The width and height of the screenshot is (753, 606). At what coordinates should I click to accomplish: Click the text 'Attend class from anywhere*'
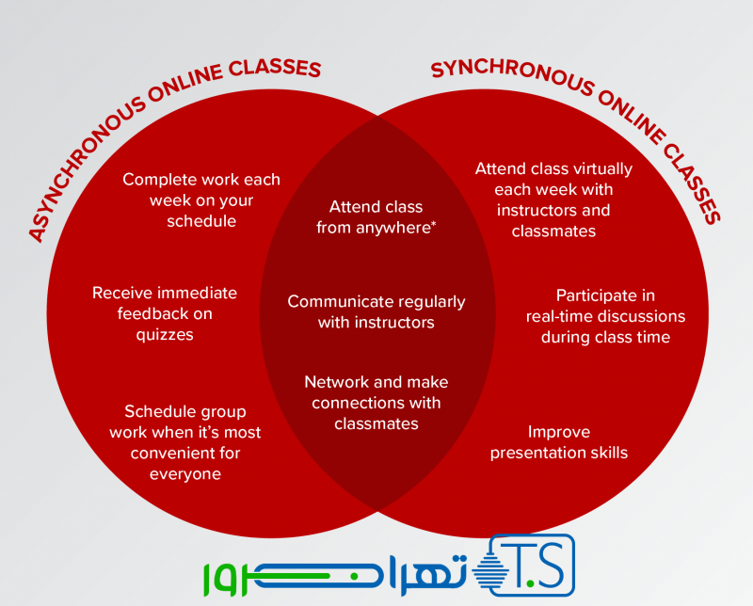pyautogui.click(x=376, y=216)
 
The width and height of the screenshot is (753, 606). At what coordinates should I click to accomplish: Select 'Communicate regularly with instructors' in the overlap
pyautogui.click(x=376, y=311)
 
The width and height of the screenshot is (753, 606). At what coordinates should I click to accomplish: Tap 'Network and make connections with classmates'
pyautogui.click(x=376, y=403)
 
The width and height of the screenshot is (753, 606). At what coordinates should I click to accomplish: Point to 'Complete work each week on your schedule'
pyautogui.click(x=201, y=199)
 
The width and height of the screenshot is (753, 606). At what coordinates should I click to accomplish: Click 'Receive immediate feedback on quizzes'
pyautogui.click(x=165, y=312)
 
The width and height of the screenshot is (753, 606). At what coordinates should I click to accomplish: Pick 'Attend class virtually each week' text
pyautogui.click(x=553, y=199)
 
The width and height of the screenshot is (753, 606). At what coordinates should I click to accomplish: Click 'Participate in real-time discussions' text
pyautogui.click(x=605, y=315)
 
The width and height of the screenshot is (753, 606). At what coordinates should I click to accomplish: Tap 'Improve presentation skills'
pyautogui.click(x=559, y=442)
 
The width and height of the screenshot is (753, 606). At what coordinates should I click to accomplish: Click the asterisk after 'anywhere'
pyautogui.click(x=433, y=224)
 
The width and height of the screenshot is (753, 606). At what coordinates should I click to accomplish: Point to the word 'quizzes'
pyautogui.click(x=165, y=333)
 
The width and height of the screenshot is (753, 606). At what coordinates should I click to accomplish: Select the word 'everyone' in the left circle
pyautogui.click(x=185, y=473)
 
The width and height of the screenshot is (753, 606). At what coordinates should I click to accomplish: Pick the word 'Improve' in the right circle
pyautogui.click(x=559, y=432)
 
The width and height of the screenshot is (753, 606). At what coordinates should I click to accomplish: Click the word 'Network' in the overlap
pyautogui.click(x=335, y=382)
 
